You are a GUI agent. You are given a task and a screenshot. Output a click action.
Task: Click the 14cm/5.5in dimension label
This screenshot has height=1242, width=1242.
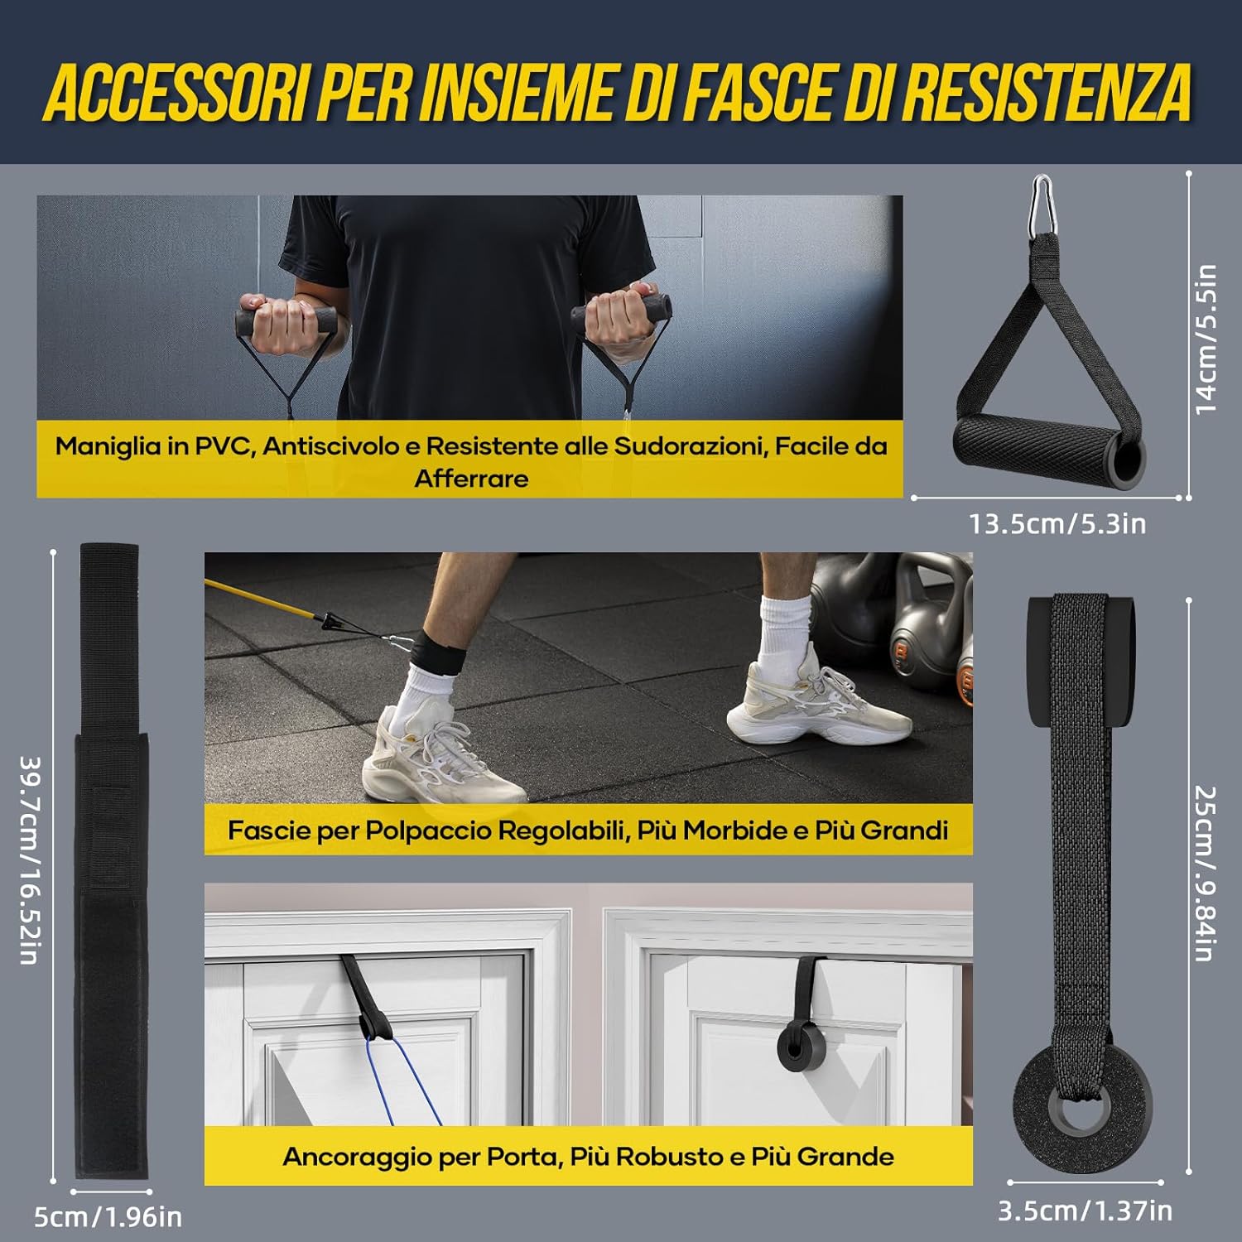point(1206,339)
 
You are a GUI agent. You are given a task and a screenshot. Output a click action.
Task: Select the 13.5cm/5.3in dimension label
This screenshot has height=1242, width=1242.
point(1057,524)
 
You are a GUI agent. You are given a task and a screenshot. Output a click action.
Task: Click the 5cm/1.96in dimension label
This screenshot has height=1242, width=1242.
point(108,1216)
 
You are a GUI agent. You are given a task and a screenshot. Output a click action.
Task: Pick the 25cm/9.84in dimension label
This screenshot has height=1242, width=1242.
point(1205,873)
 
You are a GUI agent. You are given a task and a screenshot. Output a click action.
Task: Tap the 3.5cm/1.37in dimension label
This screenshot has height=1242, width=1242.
point(1085,1211)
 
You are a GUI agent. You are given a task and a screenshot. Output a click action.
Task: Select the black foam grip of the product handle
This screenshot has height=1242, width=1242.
point(1050,451)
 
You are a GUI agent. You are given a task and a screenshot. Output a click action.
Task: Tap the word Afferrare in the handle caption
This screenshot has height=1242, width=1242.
point(471,479)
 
